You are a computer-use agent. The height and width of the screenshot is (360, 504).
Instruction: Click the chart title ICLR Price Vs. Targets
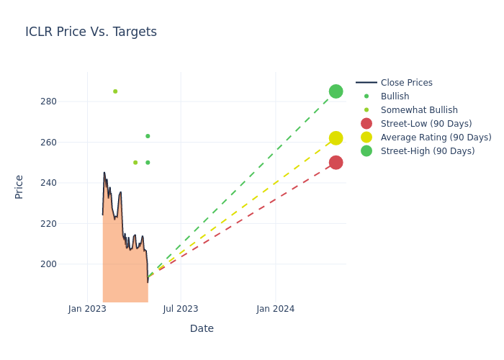point(91,32)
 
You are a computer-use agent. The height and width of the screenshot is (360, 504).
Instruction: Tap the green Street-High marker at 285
point(336,91)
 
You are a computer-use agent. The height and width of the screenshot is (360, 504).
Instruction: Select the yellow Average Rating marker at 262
point(336,138)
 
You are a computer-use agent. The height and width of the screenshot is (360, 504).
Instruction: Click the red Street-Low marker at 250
point(336,163)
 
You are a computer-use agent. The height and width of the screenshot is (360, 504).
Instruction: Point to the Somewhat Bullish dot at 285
point(115,91)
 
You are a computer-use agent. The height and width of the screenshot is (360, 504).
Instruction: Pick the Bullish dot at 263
point(148,136)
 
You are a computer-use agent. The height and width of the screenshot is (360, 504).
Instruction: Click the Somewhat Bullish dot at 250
point(135,163)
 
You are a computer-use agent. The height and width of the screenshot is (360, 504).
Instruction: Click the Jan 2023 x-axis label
point(88,309)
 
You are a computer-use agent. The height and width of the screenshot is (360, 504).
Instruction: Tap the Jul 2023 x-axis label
point(181,309)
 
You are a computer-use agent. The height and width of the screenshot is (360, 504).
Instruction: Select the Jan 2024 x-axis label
point(276,309)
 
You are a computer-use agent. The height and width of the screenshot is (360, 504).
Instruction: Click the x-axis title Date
point(202,329)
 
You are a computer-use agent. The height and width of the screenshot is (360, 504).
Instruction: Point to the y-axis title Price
point(19,186)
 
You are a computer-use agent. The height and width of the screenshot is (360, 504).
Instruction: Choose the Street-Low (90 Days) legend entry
point(426,124)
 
